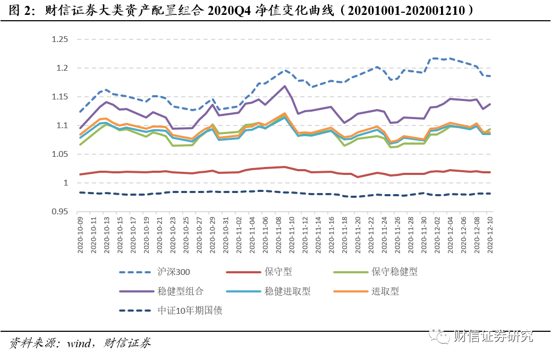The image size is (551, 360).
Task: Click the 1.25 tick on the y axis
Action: point(60,39)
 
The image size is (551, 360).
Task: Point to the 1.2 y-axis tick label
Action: point(62,68)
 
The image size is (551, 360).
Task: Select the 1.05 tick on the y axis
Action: point(60,154)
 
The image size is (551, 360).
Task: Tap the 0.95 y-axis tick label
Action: point(60,212)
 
